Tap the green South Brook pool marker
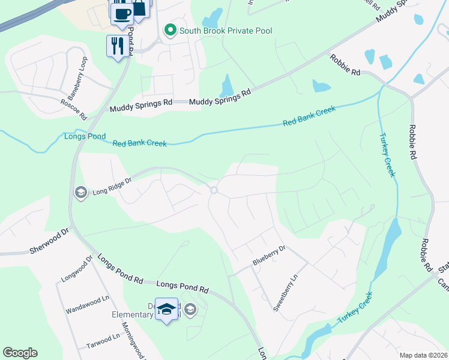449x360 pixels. (170, 30)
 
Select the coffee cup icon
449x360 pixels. (122, 14)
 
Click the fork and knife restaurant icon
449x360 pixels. (116, 45)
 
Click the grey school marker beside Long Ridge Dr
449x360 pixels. (79, 192)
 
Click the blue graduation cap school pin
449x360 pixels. (167, 309)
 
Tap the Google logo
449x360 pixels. (20, 353)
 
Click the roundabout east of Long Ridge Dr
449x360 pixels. (214, 191)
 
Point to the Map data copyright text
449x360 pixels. (424, 355)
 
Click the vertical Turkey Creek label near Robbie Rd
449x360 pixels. (387, 155)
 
